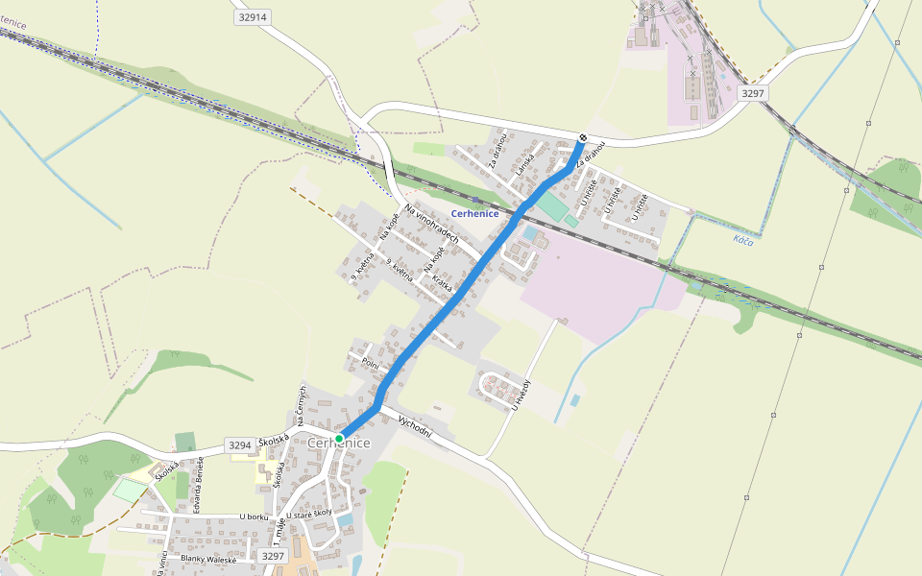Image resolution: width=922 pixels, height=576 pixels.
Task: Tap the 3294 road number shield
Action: (240, 445)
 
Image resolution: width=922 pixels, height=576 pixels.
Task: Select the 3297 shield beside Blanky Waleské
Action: (274, 556)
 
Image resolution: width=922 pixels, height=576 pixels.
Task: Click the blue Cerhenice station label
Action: (474, 213)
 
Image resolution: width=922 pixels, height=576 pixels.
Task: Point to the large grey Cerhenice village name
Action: (339, 443)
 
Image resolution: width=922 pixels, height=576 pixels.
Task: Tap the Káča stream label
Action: (742, 239)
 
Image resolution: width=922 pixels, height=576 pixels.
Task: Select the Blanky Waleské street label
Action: (208, 559)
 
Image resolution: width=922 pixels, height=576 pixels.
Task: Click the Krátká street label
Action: (442, 284)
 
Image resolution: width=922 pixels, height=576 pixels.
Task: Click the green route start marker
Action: (339, 438)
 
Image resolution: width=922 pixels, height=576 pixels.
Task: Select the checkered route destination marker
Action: (582, 137)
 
